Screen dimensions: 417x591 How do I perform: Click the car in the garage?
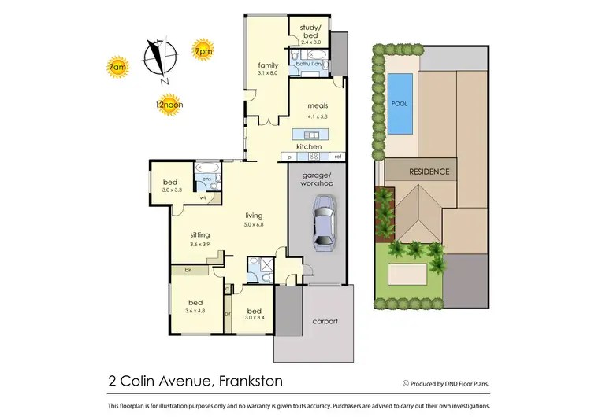click(x=323, y=222)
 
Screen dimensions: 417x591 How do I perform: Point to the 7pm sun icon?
click(x=203, y=52)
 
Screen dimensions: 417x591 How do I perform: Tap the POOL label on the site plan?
click(x=399, y=102)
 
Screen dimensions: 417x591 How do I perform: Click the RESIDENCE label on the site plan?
click(x=429, y=171)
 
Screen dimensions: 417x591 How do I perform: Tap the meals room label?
click(x=318, y=106)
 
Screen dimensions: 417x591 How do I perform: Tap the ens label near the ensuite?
click(x=206, y=179)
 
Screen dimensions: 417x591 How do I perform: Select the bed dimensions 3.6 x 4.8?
click(x=195, y=310)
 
